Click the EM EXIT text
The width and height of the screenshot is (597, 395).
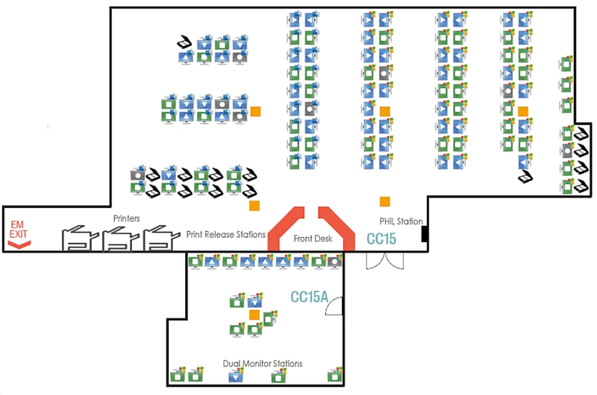click(x=18, y=229)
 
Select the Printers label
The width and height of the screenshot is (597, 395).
click(x=127, y=218)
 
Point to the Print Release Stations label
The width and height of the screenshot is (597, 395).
click(x=225, y=234)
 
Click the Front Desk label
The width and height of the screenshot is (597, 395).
click(x=311, y=238)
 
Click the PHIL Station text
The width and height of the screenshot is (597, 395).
click(x=400, y=221)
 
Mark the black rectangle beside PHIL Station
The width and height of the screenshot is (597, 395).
click(x=424, y=234)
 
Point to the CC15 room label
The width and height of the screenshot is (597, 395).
click(x=381, y=239)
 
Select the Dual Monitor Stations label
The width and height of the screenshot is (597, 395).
click(x=263, y=364)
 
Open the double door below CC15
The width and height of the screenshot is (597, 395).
click(x=384, y=260)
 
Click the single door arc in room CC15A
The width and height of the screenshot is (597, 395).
click(x=335, y=306)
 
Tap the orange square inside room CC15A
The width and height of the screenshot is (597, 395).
click(x=254, y=315)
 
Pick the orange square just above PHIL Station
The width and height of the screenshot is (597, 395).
click(x=384, y=201)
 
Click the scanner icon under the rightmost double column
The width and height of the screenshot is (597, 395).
click(x=526, y=177)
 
